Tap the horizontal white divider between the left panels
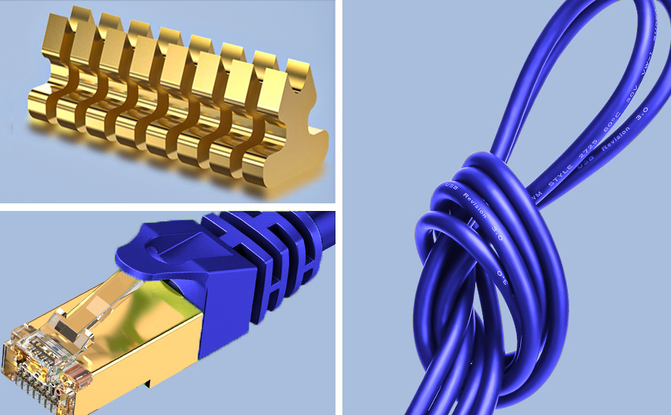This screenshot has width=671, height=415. coord(167,207)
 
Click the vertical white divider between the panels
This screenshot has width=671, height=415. coord(339,207)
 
